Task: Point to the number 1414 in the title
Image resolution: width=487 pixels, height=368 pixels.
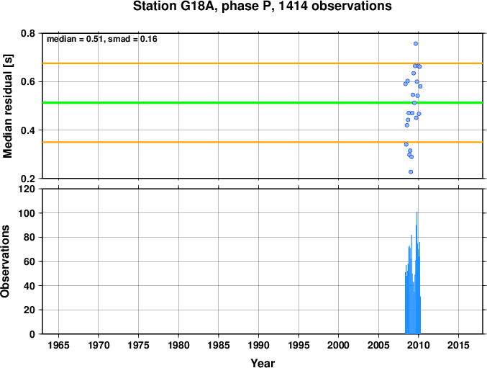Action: (293, 6)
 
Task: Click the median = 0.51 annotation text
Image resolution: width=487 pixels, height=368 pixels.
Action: (75, 39)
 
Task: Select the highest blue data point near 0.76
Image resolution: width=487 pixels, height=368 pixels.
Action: (416, 43)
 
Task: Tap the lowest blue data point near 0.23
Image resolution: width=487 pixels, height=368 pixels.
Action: (411, 172)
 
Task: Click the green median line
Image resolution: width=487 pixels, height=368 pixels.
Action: (263, 102)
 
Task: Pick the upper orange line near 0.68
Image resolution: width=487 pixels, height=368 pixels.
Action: (263, 63)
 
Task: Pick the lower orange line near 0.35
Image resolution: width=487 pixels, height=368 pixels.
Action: (263, 142)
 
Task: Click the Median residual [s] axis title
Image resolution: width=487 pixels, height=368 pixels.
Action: (7, 106)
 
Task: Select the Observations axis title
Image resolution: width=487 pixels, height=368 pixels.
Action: (5, 261)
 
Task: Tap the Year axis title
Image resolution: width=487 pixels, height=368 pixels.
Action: (263, 363)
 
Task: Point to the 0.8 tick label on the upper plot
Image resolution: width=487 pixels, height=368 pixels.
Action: (28, 33)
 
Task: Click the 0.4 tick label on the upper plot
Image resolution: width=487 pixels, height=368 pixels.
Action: (28, 130)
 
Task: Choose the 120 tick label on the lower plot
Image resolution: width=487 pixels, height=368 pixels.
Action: (27, 189)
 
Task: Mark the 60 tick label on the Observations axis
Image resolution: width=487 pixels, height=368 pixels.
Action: (29, 261)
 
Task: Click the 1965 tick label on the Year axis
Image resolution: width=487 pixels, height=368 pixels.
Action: (58, 345)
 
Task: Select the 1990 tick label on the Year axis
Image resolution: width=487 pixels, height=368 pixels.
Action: (258, 345)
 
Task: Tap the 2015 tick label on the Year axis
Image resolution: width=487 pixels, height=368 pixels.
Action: (458, 345)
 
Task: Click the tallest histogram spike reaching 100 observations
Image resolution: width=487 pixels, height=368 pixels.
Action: (417, 273)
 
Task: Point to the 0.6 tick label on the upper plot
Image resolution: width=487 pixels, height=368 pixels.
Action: (28, 82)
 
